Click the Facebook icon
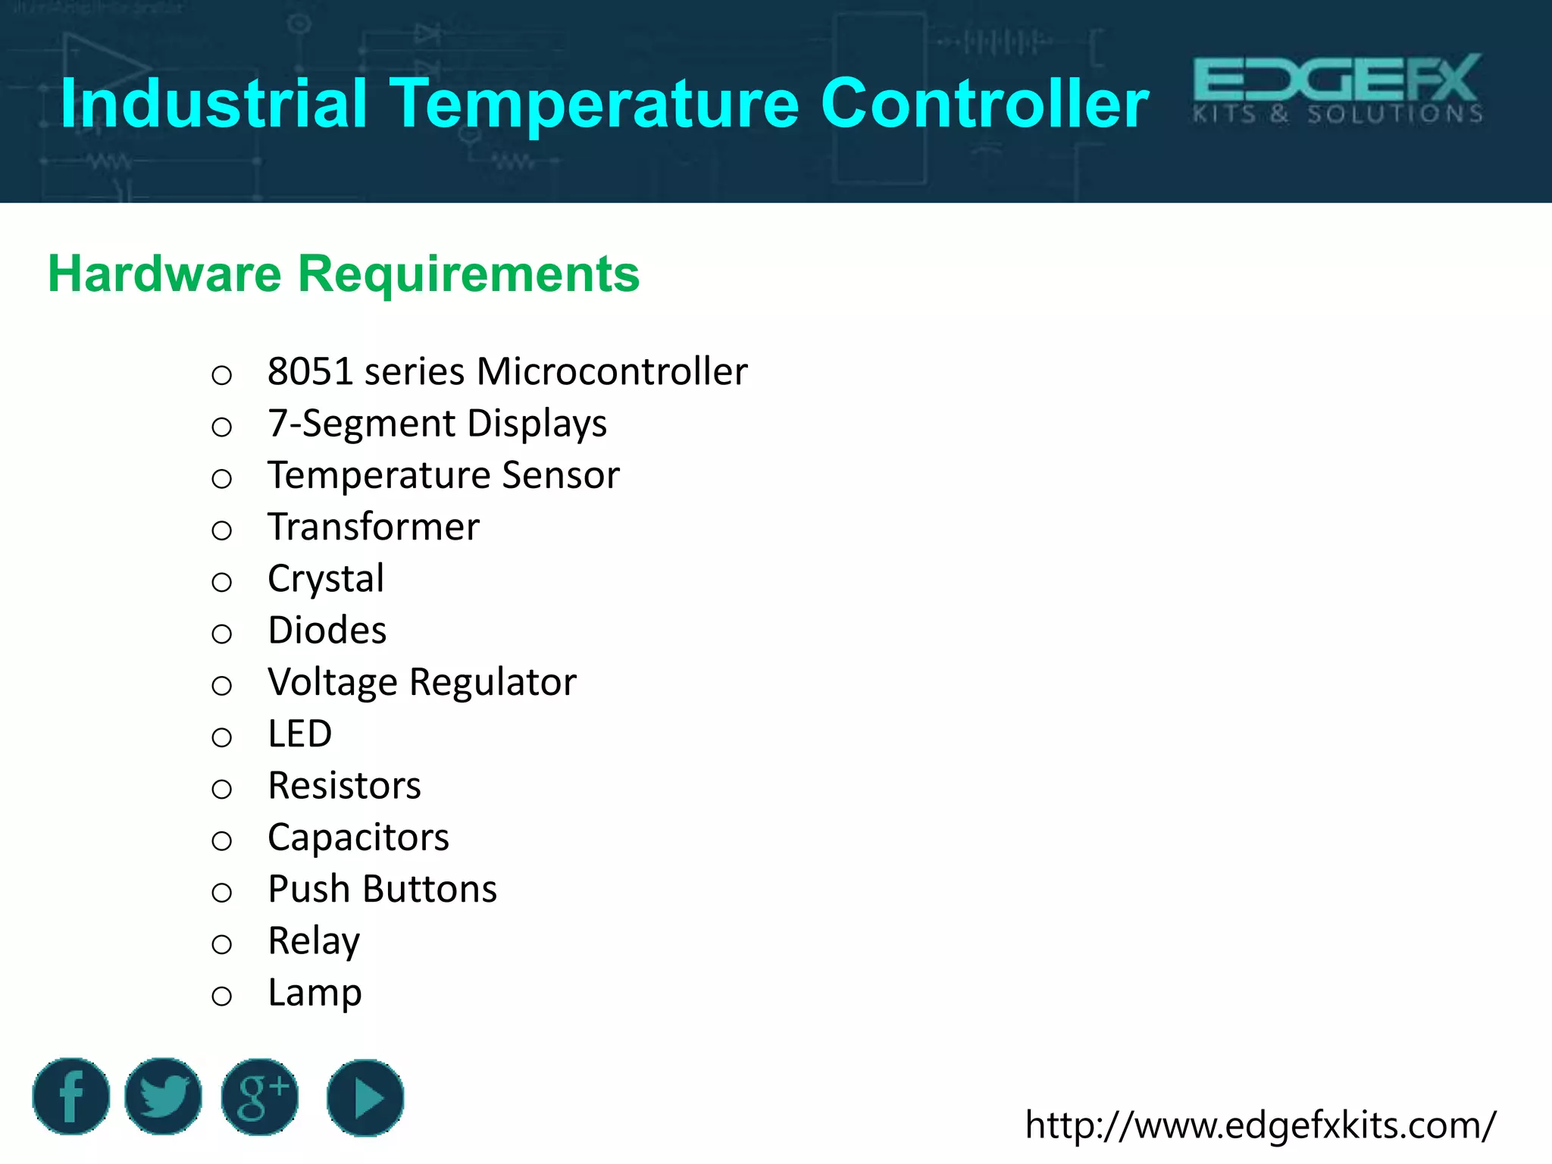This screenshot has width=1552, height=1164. (71, 1097)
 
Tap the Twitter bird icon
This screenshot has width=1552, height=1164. (163, 1097)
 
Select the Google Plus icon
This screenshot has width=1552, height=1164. (260, 1097)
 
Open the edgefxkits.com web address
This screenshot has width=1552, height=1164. (1260, 1125)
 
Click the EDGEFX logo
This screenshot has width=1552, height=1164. (1338, 89)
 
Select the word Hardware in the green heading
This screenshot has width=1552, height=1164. (164, 274)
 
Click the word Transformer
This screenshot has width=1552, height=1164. (374, 527)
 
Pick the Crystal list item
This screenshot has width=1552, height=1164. (326, 578)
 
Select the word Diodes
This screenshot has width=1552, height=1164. (327, 630)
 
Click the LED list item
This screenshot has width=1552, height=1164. (300, 734)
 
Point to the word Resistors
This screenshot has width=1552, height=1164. (344, 786)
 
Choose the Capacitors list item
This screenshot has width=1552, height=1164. (358, 837)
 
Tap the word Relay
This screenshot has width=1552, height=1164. (314, 941)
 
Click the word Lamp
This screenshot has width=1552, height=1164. (314, 993)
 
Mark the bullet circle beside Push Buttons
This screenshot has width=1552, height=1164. (221, 893)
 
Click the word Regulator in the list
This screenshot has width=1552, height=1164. (493, 682)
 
